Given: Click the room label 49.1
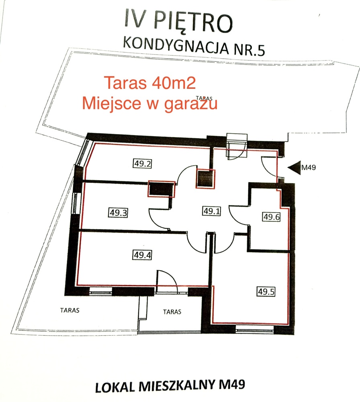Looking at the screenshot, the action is click(x=211, y=211).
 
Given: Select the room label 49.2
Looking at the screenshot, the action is click(x=142, y=163).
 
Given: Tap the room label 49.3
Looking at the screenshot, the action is click(x=118, y=213).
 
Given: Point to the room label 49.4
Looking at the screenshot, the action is click(x=142, y=255).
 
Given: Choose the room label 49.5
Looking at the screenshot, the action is click(x=266, y=291).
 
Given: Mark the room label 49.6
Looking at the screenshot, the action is click(x=272, y=217).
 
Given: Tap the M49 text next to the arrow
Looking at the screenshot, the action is click(x=309, y=168).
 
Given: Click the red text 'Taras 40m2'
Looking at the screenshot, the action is click(x=150, y=83).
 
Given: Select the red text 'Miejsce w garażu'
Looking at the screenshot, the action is click(x=150, y=103).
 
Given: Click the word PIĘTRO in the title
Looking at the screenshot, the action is click(x=193, y=22).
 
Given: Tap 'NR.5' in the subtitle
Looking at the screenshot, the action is click(x=249, y=50).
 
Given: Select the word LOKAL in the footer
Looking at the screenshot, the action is click(x=115, y=387).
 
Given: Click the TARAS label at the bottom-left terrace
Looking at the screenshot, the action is click(x=70, y=310).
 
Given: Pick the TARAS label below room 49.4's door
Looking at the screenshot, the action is click(x=172, y=312).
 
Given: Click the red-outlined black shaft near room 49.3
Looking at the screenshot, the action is click(x=162, y=189).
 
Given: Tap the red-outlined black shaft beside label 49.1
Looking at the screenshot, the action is click(x=205, y=179).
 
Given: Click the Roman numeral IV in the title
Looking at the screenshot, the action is click(x=135, y=18).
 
